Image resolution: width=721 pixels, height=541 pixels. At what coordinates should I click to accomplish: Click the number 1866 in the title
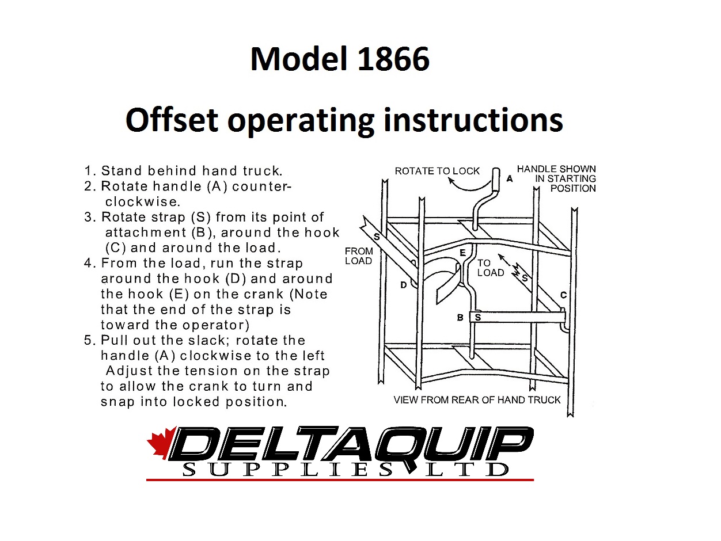click(393, 59)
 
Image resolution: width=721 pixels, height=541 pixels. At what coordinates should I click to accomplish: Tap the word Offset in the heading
click(172, 120)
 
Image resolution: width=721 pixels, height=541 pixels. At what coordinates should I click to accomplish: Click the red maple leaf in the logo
click(161, 442)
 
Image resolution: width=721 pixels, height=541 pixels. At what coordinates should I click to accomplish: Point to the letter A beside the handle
click(510, 178)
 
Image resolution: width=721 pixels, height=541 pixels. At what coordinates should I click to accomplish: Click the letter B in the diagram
click(460, 318)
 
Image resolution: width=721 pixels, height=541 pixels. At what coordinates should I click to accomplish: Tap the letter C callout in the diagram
click(563, 295)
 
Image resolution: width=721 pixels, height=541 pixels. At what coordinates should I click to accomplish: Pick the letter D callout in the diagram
click(404, 285)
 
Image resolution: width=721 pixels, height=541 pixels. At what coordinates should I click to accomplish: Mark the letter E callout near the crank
click(462, 253)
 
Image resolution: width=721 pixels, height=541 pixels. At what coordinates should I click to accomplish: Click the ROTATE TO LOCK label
click(437, 171)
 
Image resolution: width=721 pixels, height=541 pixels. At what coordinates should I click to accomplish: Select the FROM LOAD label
click(359, 256)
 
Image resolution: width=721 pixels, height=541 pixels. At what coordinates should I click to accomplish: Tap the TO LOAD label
click(491, 268)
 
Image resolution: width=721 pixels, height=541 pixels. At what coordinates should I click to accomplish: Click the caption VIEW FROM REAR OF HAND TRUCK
click(477, 400)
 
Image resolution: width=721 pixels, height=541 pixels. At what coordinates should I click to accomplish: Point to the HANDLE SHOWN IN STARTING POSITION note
click(556, 178)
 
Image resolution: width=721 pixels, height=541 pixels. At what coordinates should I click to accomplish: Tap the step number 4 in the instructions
click(88, 263)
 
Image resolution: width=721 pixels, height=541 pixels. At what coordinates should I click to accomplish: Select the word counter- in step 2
click(261, 186)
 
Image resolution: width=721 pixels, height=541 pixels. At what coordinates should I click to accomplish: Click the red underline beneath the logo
click(340, 480)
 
